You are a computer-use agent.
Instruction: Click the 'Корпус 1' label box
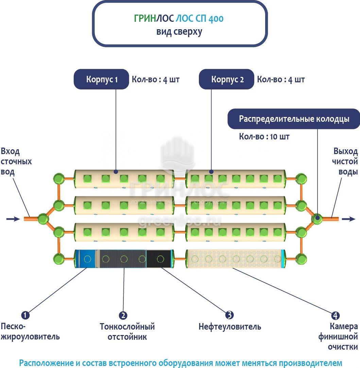click(102, 80)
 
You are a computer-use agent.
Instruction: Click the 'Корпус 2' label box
click(227, 80)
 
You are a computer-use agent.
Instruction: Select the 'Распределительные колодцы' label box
click(294, 119)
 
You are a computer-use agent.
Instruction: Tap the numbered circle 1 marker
click(25, 315)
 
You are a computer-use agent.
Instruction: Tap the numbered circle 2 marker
click(123, 315)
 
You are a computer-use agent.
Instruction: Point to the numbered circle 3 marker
click(230, 315)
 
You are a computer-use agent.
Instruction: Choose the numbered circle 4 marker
click(335, 315)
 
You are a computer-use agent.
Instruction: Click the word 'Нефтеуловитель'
click(230, 327)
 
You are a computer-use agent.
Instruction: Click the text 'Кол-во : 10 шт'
click(264, 137)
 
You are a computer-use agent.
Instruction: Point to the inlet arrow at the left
click(13, 219)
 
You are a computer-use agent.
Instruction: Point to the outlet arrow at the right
click(348, 219)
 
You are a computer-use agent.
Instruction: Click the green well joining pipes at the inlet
click(43, 218)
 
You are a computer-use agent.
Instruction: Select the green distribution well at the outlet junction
click(317, 218)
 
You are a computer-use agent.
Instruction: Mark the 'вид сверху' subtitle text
click(179, 32)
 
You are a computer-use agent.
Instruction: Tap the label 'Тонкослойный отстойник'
click(127, 332)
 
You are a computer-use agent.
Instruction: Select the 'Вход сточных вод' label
click(16, 162)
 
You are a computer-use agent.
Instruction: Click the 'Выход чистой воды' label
click(345, 162)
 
